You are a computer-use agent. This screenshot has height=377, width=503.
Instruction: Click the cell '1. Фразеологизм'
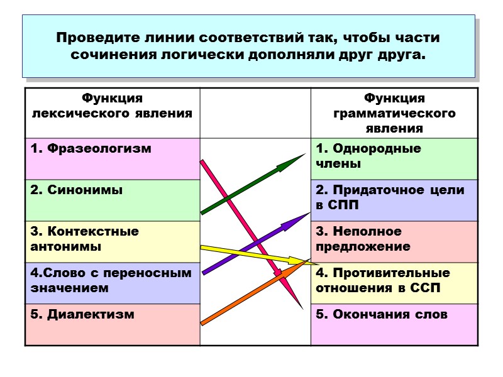pos(112,158)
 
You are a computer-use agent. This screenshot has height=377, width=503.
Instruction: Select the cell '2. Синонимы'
pos(112,200)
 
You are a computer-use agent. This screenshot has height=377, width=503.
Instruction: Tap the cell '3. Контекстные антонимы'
pos(112,241)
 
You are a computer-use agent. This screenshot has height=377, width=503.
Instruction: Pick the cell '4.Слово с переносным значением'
pos(112,283)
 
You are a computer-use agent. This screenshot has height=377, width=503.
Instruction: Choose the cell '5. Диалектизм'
pos(112,324)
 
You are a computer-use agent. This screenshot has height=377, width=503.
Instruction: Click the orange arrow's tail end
pos(202,324)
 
